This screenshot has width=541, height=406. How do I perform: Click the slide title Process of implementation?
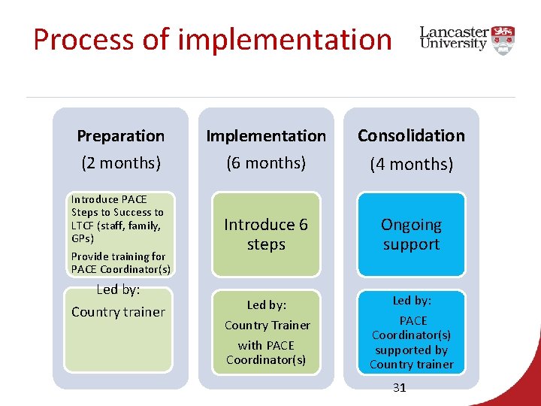(x=213, y=40)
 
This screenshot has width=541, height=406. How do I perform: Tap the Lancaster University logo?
(x=467, y=38)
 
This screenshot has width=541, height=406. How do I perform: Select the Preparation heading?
(x=120, y=136)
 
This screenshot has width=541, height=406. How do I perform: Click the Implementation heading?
(x=266, y=136)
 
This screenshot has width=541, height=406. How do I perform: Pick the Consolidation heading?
(x=411, y=136)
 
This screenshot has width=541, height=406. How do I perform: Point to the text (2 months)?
(x=120, y=162)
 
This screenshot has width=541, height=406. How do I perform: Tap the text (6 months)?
(x=266, y=162)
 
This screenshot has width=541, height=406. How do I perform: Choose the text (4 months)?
(x=411, y=163)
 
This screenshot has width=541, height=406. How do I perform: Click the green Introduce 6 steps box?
(x=266, y=235)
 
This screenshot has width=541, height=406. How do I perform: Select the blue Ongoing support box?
(x=411, y=235)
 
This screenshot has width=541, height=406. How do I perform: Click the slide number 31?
(x=399, y=388)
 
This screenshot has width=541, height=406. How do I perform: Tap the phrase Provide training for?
(x=118, y=256)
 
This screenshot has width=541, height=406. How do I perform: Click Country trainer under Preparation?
(x=118, y=312)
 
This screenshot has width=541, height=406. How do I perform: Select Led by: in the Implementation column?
(x=267, y=305)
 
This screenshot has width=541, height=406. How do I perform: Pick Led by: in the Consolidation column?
(x=412, y=301)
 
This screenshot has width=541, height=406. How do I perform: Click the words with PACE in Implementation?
(x=266, y=346)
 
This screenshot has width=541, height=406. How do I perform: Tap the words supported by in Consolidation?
(x=411, y=350)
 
